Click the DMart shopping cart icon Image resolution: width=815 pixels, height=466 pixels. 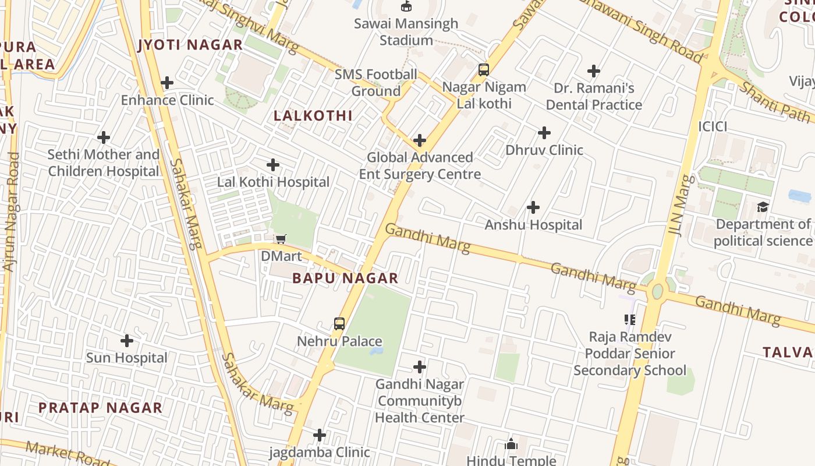[x=281, y=239]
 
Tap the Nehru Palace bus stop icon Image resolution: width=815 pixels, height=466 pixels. [x=339, y=324]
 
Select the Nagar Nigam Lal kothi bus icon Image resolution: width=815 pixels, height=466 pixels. [x=483, y=70]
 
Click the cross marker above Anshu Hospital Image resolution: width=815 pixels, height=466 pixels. [x=533, y=207]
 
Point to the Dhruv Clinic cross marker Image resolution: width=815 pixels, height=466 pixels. [x=544, y=133]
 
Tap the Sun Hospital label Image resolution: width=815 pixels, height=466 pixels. [x=126, y=358]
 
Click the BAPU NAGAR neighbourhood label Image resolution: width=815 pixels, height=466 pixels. [x=345, y=278]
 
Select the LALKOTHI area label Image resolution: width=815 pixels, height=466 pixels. [x=313, y=116]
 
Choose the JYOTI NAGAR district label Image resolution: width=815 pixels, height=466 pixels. [x=190, y=45]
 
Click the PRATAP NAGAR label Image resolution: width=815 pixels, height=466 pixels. [x=100, y=408]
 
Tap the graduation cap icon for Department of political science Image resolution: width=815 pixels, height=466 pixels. [x=763, y=207]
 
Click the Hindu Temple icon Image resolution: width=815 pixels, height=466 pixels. [x=511, y=444]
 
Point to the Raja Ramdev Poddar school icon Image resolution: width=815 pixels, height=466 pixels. [x=629, y=319]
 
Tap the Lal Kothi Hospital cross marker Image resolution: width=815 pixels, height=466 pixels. [x=273, y=165]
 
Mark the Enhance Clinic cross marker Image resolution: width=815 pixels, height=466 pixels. [x=167, y=83]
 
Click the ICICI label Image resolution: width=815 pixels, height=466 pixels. [x=713, y=126]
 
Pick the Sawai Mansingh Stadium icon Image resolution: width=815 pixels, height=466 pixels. [x=406, y=6]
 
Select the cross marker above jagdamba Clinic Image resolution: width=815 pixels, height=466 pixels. [x=320, y=435]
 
